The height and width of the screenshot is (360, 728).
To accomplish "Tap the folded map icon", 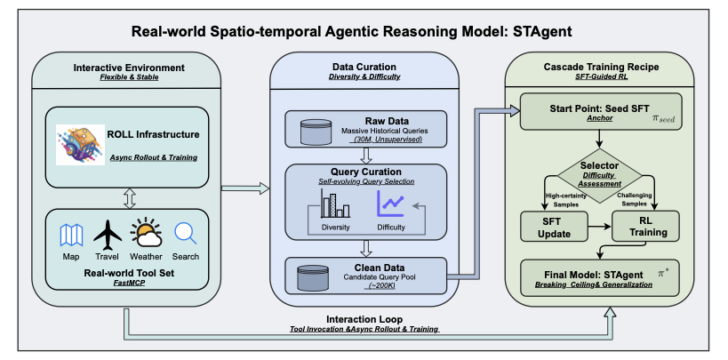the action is [71, 235].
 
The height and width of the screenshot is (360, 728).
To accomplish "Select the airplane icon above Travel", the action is [108, 236].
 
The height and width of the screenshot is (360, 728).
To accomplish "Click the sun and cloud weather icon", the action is [146, 233].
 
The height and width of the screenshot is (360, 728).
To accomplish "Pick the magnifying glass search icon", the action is [185, 234].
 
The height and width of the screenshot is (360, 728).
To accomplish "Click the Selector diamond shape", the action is [599, 176].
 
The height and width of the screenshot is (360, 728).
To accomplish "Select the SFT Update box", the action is [554, 226].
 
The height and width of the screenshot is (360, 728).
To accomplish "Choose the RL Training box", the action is [645, 226].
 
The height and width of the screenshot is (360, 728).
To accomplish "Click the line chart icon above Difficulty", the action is [391, 204].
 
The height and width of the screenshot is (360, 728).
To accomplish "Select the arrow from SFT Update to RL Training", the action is [599, 226].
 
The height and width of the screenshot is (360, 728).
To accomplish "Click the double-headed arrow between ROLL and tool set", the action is [130, 198].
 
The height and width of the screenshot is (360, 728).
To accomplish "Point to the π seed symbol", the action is [663, 119].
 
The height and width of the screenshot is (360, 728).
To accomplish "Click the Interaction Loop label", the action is [364, 320].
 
